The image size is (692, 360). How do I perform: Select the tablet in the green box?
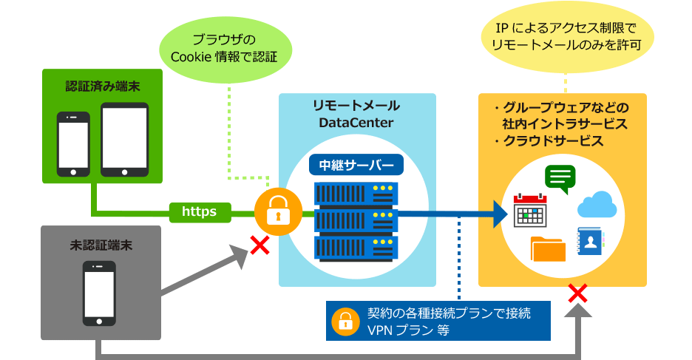(125, 140)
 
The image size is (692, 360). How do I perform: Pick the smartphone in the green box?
(74, 145)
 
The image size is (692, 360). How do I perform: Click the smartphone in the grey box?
(98, 293)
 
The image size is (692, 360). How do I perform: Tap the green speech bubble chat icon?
(560, 179)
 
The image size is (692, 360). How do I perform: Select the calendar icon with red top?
(529, 209)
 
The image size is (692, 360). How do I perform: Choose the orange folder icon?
(548, 248)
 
